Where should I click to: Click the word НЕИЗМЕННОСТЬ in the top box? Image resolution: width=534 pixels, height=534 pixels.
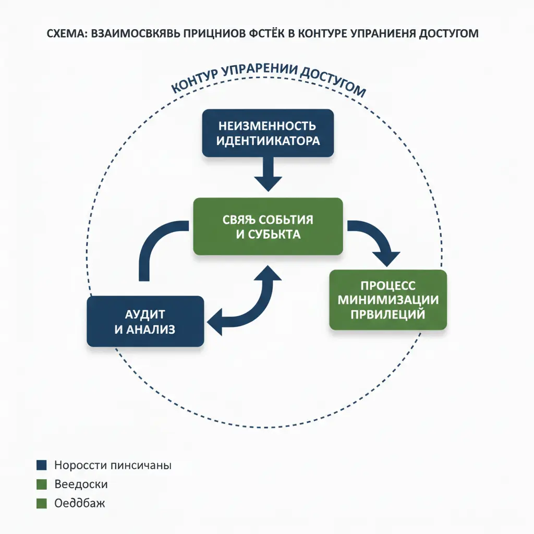pyautogui.click(x=268, y=126)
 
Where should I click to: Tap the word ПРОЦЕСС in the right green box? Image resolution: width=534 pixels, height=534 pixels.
pyautogui.click(x=388, y=286)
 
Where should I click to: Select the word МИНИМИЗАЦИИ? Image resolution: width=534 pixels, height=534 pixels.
pyautogui.click(x=388, y=300)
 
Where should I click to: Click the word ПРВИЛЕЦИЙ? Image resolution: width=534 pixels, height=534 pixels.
pyautogui.click(x=388, y=314)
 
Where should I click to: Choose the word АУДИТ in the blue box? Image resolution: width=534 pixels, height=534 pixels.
pyautogui.click(x=145, y=314)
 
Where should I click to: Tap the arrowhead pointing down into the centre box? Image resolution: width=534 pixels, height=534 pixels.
pyautogui.click(x=268, y=184)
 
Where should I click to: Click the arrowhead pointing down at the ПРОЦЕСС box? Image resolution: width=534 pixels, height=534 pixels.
pyautogui.click(x=386, y=258)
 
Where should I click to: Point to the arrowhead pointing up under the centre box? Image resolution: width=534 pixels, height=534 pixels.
pyautogui.click(x=268, y=272)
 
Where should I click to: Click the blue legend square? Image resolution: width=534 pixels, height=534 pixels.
pyautogui.click(x=42, y=465)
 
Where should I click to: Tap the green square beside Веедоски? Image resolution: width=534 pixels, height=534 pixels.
pyautogui.click(x=42, y=484)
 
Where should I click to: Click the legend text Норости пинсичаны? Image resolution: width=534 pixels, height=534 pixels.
pyautogui.click(x=113, y=465)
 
